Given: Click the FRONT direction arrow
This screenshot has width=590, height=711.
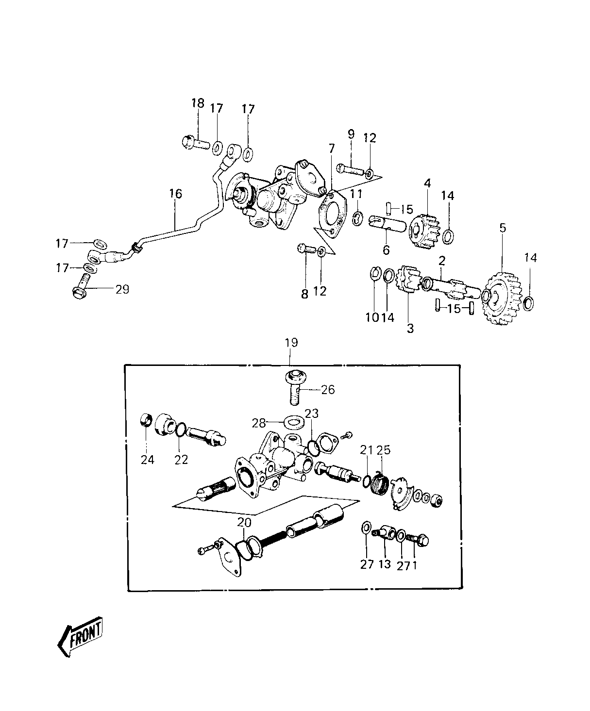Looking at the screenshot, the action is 81,634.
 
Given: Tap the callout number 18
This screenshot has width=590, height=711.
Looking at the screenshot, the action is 198,103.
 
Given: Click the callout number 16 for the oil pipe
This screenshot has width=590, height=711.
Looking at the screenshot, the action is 176,194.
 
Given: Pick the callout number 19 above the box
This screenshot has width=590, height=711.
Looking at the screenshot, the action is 291,343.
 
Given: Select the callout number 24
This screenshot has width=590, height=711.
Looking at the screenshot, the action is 148,460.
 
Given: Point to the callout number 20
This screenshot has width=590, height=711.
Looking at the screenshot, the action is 244,522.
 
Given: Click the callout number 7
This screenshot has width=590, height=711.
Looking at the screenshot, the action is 332,149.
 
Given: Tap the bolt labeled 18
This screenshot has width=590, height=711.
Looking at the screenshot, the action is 196,142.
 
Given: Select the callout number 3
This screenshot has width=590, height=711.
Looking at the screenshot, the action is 410,329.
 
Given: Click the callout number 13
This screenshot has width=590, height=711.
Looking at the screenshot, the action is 385,564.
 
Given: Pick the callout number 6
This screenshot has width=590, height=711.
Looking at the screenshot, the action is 386,250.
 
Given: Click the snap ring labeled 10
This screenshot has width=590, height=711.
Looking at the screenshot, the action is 375,274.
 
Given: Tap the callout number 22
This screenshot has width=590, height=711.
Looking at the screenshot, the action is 181,460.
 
